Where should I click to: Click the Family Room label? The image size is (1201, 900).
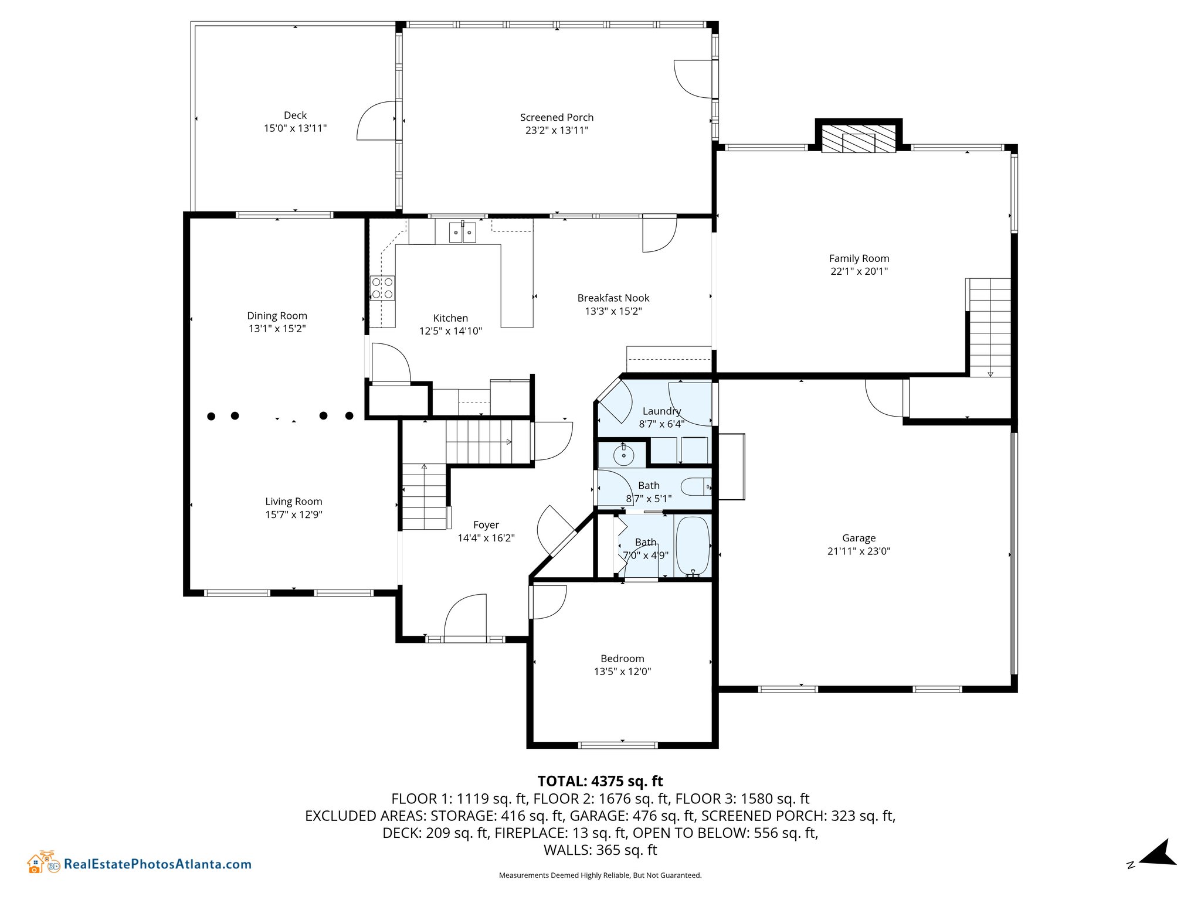point(859,258)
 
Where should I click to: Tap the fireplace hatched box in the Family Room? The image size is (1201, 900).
point(859,138)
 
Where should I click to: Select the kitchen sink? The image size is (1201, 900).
point(462,232)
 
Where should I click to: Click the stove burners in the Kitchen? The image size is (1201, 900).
point(382,288)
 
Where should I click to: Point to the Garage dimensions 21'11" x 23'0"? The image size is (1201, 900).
point(859,551)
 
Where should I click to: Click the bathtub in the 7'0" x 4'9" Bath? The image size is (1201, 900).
point(693,547)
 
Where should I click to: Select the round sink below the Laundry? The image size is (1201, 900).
point(623,455)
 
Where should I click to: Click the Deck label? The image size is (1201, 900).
point(295,115)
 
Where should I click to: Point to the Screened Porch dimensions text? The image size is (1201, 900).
point(557,130)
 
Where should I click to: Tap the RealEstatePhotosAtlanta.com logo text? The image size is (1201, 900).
point(157,864)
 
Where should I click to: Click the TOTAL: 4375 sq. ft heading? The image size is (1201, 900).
point(600,781)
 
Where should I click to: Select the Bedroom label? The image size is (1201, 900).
point(622,659)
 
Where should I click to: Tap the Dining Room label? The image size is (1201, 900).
point(277,316)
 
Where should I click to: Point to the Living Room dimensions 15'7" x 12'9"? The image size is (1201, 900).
point(293,514)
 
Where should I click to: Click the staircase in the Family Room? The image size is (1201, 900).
point(989,327)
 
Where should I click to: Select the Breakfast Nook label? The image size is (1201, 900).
point(613,298)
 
